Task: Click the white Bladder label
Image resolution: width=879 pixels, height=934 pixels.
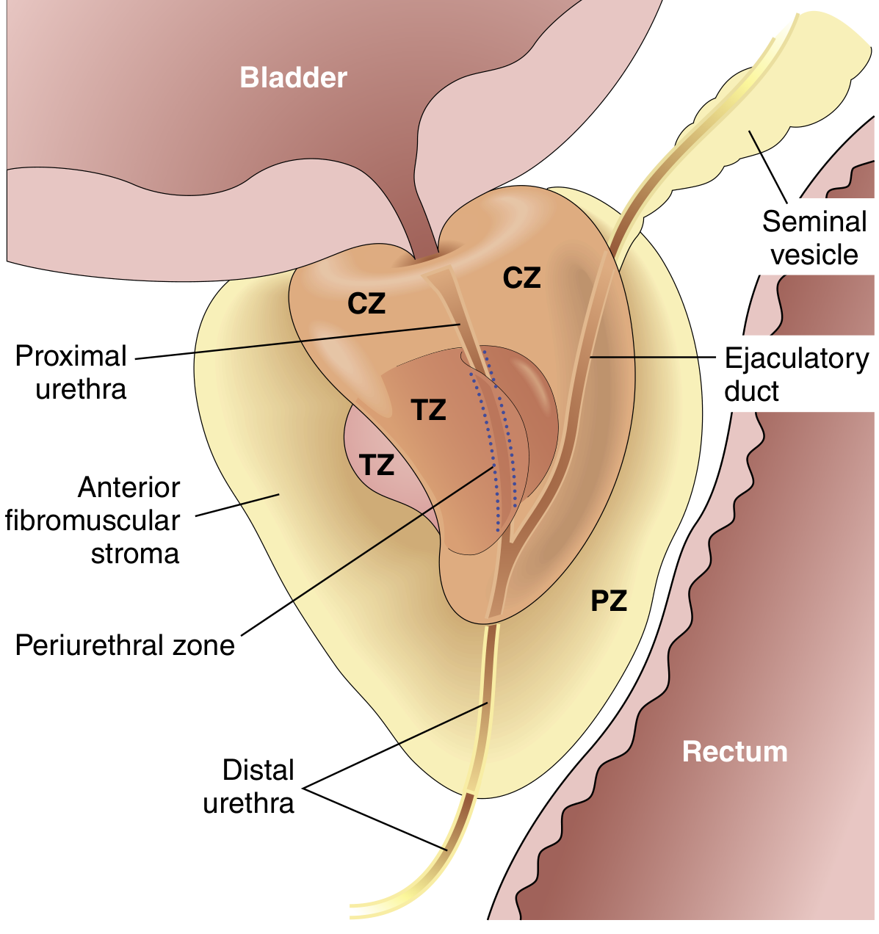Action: pos(293,78)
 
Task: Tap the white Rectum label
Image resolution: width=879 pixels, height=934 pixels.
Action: pos(734,751)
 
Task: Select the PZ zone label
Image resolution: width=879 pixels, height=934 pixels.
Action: pos(609,601)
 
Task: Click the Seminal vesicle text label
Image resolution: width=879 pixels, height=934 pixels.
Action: pos(814,237)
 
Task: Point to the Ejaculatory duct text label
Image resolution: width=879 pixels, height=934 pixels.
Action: pos(797,374)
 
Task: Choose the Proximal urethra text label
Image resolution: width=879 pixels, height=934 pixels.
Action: pos(71,372)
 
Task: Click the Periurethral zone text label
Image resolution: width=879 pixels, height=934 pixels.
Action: pos(125,645)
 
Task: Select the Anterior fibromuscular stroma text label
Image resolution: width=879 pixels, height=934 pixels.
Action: pos(93,521)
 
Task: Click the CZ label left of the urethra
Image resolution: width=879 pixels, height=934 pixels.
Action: pos(366,303)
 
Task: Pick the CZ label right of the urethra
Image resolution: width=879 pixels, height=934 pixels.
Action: pos(521,278)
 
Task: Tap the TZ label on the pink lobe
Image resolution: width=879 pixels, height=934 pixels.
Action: pos(377,465)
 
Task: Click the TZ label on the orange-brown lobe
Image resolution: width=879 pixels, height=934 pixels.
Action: pos(428,410)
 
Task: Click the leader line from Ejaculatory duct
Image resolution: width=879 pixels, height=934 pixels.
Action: pos(653,358)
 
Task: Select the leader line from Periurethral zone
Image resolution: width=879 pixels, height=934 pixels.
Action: pos(367,551)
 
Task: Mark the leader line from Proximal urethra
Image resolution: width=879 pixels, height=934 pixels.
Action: pos(297,341)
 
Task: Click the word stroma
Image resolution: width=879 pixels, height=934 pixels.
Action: pos(135,554)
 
